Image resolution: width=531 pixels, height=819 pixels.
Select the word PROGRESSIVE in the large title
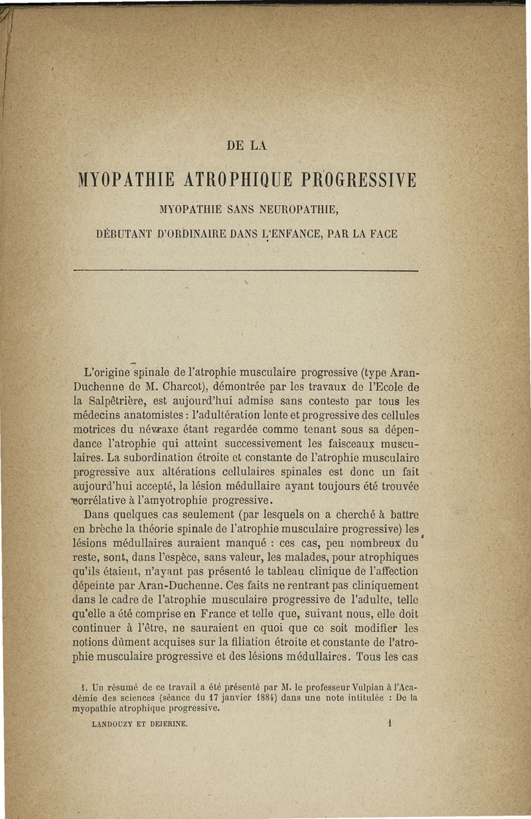click(358, 181)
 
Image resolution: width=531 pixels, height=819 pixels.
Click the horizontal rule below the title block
click(246, 271)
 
